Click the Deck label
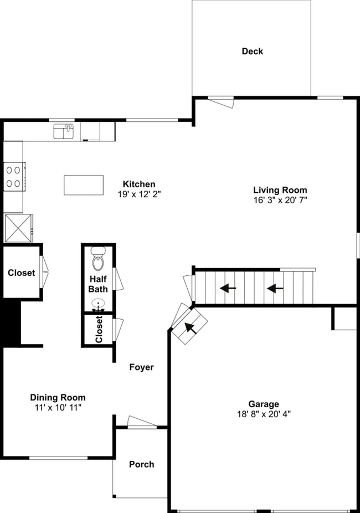point(252,52)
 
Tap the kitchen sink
point(64,131)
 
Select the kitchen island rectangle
point(84,185)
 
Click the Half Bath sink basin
point(98,304)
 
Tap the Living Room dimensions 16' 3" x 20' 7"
point(280,200)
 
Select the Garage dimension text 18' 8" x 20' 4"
point(263,414)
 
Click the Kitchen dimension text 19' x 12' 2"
point(139,194)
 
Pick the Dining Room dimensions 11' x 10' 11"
point(58,407)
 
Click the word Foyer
point(141,367)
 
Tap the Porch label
point(141,464)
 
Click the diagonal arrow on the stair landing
point(190,327)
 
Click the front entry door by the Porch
point(142,423)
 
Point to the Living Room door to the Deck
point(222,102)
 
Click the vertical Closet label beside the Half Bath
point(99,330)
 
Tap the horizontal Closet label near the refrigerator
point(21,273)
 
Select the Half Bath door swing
point(118,279)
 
